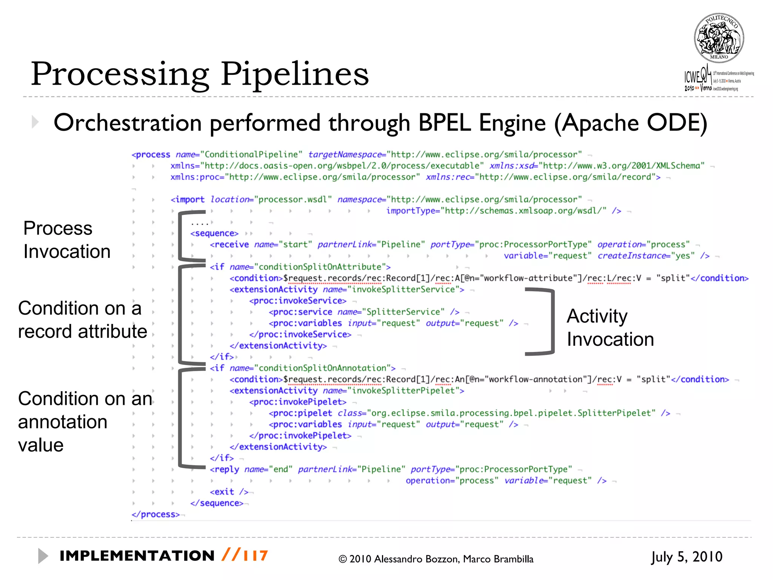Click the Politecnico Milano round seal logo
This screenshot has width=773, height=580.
pyautogui.click(x=719, y=38)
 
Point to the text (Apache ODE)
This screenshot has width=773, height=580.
pyautogui.click(x=630, y=123)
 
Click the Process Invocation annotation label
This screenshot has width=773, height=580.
pyautogui.click(x=67, y=240)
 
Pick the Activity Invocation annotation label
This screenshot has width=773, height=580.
pyautogui.click(x=610, y=327)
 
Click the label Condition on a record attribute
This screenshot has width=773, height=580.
pyautogui.click(x=82, y=320)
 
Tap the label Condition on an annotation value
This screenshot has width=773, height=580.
pyautogui.click(x=85, y=421)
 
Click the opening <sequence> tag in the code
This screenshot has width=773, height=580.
pyautogui.click(x=214, y=233)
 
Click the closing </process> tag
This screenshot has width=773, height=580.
pyautogui.click(x=156, y=514)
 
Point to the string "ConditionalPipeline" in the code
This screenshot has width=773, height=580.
pyautogui.click(x=251, y=154)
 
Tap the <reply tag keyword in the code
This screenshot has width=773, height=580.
pyautogui.click(x=225, y=469)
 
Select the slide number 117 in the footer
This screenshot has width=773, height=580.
pyautogui.click(x=256, y=556)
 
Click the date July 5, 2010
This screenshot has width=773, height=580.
pyautogui.click(x=687, y=557)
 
